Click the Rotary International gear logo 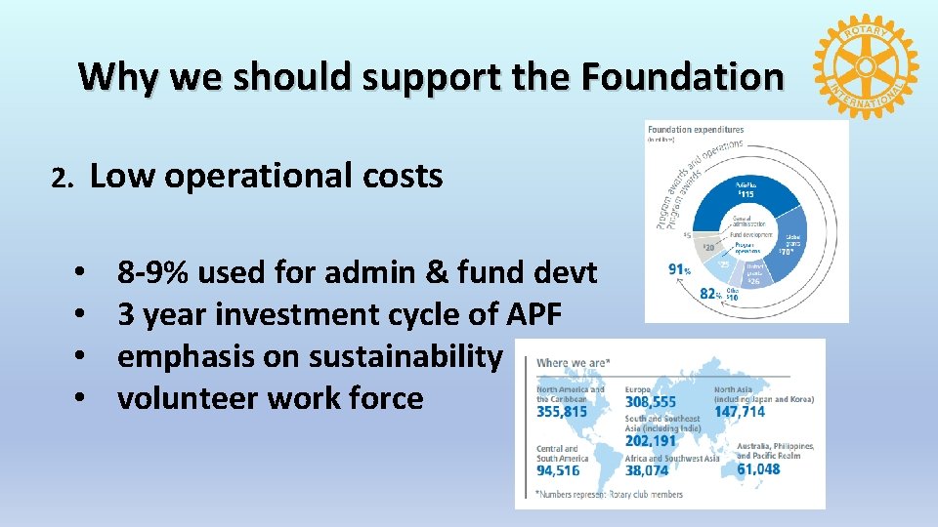pyautogui.click(x=866, y=66)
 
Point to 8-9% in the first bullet pyautogui.click(x=153, y=273)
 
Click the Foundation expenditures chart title pyautogui.click(x=696, y=129)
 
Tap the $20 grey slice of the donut pyautogui.click(x=708, y=247)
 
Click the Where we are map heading pyautogui.click(x=575, y=362)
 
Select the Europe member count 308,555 pyautogui.click(x=651, y=402)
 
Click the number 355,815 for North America pyautogui.click(x=562, y=412)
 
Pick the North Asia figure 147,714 pyautogui.click(x=767, y=412)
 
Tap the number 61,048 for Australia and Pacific pyautogui.click(x=758, y=468)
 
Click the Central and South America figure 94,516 pyautogui.click(x=558, y=470)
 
